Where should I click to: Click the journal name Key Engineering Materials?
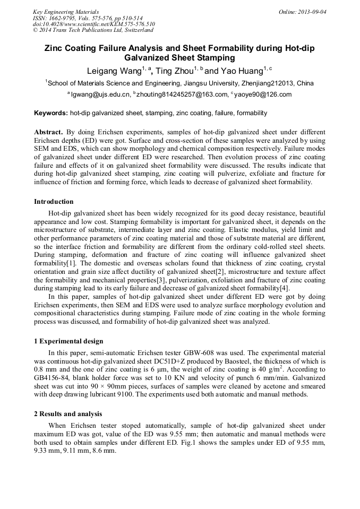(65, 11)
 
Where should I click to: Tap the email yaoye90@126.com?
(262, 94)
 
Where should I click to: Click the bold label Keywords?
(51, 113)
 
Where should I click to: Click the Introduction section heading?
(54, 202)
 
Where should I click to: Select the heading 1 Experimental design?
(68, 341)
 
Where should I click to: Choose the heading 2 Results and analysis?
(68, 413)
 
